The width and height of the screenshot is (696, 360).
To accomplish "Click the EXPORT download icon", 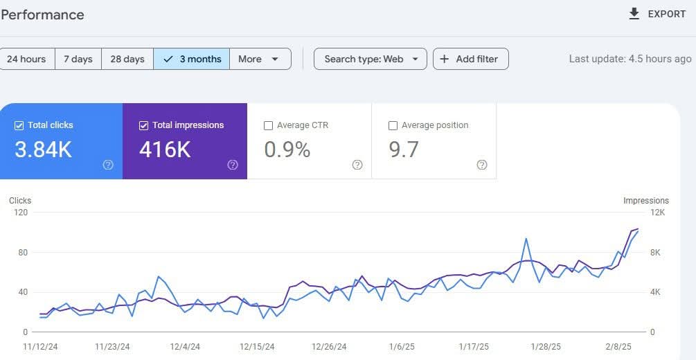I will point(634,14).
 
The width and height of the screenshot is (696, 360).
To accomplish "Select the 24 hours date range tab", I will point(26,59).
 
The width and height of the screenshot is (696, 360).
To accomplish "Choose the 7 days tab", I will point(78,59).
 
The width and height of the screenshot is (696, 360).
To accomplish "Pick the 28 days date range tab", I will point(127,59).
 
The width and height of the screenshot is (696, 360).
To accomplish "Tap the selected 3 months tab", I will point(192,59).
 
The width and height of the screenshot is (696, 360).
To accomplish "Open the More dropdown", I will point(259,59).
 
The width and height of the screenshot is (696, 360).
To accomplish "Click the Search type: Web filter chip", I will point(370,59).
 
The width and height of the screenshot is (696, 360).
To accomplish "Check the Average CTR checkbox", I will point(269,125).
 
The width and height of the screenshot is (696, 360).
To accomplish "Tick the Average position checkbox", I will point(393,125).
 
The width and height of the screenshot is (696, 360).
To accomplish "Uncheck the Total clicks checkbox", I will point(19,125).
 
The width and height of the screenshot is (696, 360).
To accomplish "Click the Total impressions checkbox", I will point(144,125).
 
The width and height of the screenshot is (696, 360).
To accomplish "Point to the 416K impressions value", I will point(165,149).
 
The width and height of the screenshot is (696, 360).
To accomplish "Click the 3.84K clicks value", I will point(43,149).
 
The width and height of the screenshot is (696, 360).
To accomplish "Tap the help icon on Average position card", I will point(482,165).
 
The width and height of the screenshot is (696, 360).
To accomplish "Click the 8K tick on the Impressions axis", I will point(655,253).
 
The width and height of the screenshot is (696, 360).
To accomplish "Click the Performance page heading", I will point(42,15).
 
